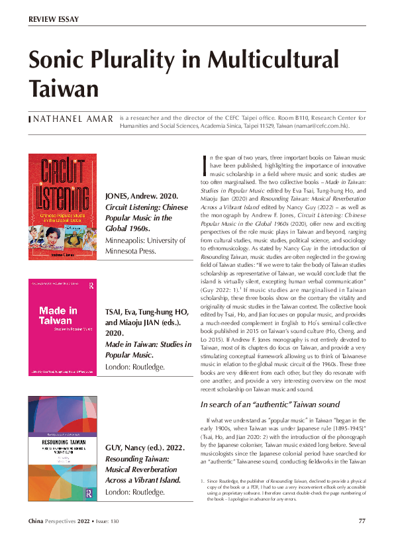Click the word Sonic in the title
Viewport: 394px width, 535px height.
point(58,59)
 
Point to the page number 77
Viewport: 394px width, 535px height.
point(362,520)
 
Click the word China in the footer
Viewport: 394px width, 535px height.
point(38,520)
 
